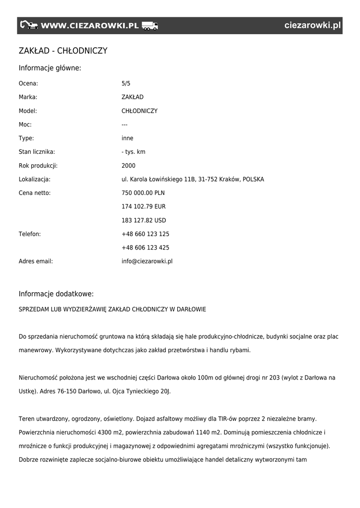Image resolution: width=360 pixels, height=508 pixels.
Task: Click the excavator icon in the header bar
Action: pos(29,25)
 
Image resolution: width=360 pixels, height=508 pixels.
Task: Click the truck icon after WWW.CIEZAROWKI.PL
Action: pos(149,25)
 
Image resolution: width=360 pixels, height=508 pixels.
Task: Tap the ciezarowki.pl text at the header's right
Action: pos(313,25)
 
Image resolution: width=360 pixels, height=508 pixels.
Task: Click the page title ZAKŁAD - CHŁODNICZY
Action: pos(63,51)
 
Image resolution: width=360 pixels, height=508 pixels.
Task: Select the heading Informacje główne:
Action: pos(50,68)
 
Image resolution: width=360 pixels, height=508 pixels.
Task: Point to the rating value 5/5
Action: pos(126,83)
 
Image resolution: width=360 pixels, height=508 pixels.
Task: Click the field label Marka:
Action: pos(28,97)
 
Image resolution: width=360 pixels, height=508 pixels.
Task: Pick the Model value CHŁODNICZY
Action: pos(140,111)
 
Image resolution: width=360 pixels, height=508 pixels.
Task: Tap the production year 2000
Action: pos(128,166)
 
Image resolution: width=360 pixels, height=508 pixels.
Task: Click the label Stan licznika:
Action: pos(37,152)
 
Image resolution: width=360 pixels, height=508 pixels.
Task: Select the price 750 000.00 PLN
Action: pos(143,193)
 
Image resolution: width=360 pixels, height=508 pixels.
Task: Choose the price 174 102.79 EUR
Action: pos(144,206)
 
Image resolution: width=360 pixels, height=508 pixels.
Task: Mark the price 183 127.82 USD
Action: pos(144,220)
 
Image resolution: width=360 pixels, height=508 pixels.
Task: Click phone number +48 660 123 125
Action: pos(145,234)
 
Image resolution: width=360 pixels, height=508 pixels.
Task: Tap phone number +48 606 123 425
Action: pos(145,248)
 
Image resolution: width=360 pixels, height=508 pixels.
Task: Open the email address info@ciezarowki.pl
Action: pos(147,261)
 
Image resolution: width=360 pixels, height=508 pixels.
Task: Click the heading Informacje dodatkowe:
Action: pos(56,294)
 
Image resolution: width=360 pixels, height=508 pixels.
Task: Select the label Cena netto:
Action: pos(35,193)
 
